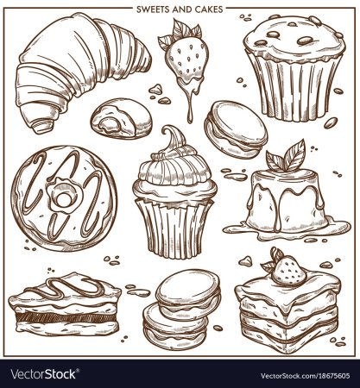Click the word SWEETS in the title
152,9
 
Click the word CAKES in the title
210,9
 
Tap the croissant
80,69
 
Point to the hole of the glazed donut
63,198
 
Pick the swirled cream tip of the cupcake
174,138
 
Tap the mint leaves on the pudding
286,158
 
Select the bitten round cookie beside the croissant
122,118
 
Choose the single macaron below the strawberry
236,129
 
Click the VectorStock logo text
43,374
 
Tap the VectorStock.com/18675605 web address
306,376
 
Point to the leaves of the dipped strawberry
180,33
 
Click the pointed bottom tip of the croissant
41,127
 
